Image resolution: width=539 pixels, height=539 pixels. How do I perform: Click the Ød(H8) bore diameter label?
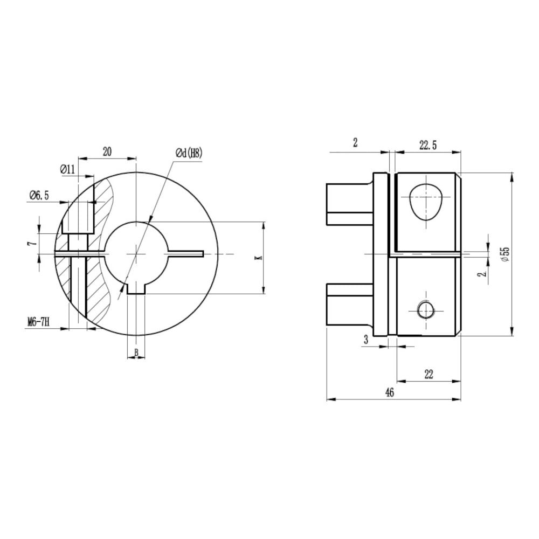point(189,153)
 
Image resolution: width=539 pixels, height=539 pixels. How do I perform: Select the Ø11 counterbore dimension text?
point(67,169)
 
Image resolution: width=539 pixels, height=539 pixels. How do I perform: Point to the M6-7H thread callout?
point(38,322)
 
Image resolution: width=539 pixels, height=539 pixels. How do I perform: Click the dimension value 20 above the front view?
point(107,151)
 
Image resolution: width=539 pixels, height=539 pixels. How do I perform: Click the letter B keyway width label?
point(136,352)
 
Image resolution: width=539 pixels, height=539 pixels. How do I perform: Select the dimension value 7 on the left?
point(33,244)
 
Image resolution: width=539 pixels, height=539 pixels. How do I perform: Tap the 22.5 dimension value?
point(427,146)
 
